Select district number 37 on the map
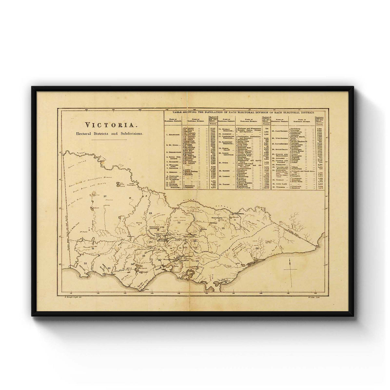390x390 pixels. (105, 197)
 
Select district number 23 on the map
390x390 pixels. (150, 214)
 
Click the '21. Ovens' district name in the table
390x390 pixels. (224, 162)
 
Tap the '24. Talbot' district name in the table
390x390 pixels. (224, 184)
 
